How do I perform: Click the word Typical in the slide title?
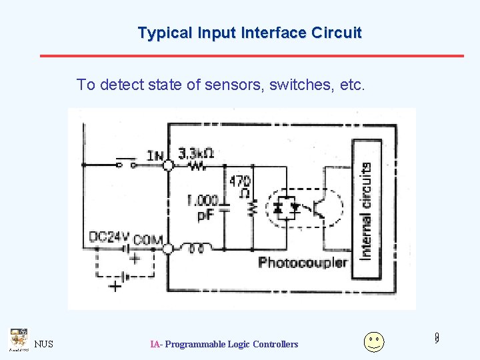[x=160, y=33]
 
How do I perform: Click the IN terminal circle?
[x=169, y=164]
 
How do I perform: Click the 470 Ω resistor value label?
[x=240, y=187]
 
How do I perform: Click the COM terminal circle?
[x=168, y=249]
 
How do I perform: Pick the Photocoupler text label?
[x=303, y=262]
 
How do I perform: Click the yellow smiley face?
[x=374, y=342]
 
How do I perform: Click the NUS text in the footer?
[x=44, y=344]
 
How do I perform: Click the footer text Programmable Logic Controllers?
[x=231, y=344]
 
